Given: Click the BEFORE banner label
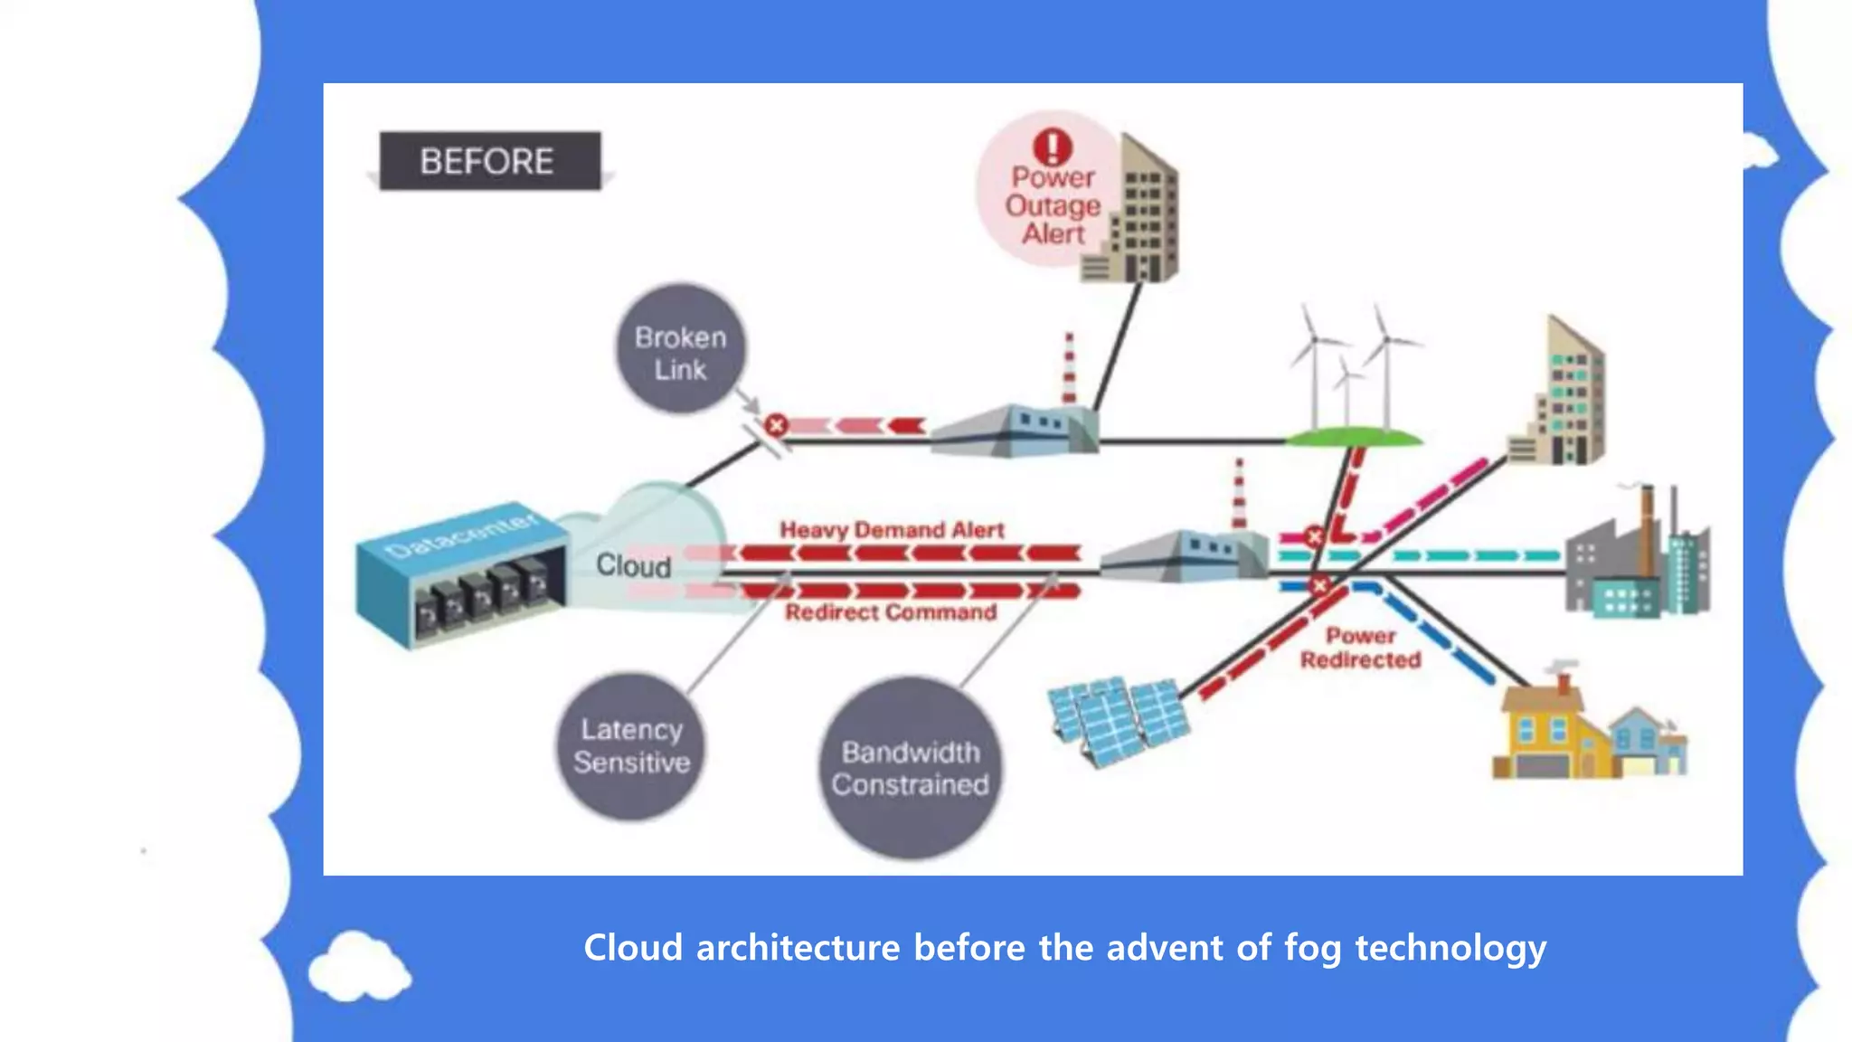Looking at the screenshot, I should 489,161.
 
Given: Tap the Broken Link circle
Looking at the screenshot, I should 681,352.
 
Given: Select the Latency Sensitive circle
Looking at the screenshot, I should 631,746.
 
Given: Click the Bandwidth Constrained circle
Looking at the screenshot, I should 910,768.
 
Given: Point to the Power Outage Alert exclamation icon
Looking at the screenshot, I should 1053,147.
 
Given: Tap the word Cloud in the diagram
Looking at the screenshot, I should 633,566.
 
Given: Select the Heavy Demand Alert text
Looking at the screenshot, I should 892,530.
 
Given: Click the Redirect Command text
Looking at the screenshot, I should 891,612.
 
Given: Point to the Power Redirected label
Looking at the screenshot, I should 1360,648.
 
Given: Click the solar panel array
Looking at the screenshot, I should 1120,719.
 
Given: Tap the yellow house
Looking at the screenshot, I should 1548,733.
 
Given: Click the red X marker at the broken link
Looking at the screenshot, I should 776,424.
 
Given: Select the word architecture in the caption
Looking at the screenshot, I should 798,949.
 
